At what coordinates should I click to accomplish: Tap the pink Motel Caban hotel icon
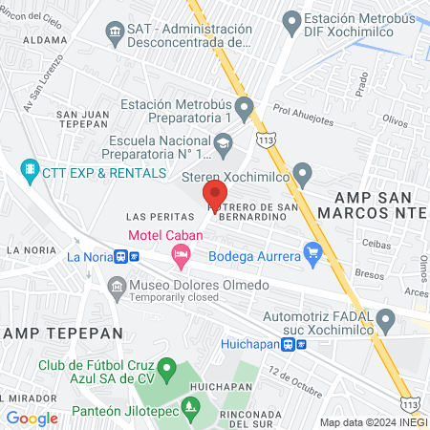179,254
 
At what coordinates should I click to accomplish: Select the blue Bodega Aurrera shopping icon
312,251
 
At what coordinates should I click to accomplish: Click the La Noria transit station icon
121,256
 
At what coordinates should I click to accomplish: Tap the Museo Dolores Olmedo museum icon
117,285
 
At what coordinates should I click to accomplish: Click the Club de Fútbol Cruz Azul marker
166,367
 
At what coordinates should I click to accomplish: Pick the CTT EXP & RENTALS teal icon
30,171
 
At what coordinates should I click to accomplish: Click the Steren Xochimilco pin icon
304,175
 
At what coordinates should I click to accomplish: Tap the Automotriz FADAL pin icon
385,318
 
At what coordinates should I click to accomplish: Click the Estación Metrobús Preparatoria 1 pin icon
245,108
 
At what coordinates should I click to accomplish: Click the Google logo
32,419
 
